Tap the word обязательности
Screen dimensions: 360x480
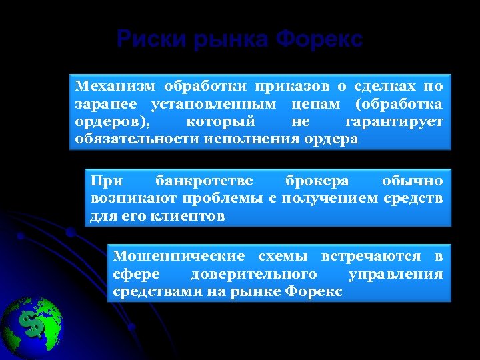(137, 139)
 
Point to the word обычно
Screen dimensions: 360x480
(412, 181)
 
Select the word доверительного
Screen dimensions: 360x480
(253, 274)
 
